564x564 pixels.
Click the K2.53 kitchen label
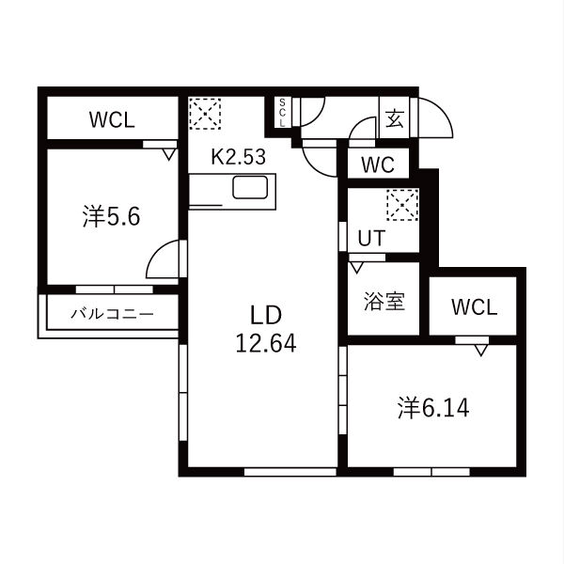tap(238, 157)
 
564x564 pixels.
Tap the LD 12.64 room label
tap(266, 329)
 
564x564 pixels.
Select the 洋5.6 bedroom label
tap(111, 216)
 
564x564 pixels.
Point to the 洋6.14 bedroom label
tap(433, 408)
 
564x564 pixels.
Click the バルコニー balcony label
tap(112, 314)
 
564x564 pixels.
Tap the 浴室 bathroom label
tap(384, 301)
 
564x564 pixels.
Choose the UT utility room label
tap(371, 238)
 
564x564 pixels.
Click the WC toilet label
tap(378, 164)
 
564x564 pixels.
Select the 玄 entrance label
tap(394, 118)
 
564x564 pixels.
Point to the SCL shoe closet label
tap(282, 112)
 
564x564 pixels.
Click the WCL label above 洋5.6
tap(112, 119)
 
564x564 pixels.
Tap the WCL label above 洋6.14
tap(474, 307)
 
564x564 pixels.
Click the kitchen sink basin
tap(250, 187)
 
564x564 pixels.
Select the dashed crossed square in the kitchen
tap(205, 114)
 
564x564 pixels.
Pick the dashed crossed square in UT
tap(402, 205)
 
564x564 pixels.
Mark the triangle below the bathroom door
tap(357, 268)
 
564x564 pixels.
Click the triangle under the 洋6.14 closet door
tap(481, 350)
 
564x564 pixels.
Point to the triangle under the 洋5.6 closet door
tap(168, 155)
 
